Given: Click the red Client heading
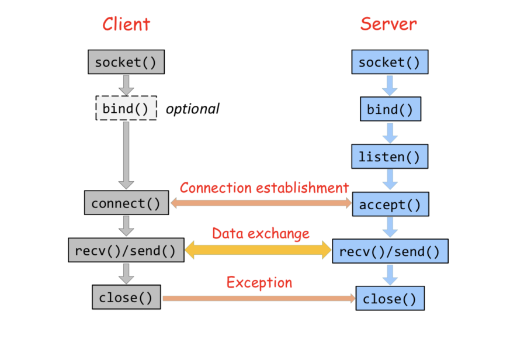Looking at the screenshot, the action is click(x=126, y=25).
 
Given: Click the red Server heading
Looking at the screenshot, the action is click(x=388, y=24).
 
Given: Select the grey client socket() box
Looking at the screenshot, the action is click(x=126, y=62).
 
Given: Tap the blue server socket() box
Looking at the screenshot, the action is click(x=390, y=62).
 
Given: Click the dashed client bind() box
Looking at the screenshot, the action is click(x=126, y=108).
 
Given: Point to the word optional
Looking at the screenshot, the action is click(x=192, y=109).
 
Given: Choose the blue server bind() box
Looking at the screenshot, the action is click(x=390, y=109).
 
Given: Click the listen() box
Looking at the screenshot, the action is click(x=390, y=157).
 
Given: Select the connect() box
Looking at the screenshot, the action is click(x=126, y=203).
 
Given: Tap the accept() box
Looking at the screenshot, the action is click(x=390, y=204).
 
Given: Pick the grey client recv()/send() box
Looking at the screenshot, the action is click(x=126, y=250).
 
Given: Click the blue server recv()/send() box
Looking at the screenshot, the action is click(x=390, y=251).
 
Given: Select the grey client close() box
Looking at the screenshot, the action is click(x=126, y=297).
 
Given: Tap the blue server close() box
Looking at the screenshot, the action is click(x=390, y=299).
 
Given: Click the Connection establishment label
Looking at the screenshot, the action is click(x=264, y=188).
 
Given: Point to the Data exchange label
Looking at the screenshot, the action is click(x=261, y=234).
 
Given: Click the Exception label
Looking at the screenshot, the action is click(x=259, y=283).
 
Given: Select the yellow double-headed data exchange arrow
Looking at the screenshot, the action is click(x=258, y=250).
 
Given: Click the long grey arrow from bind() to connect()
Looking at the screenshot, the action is click(x=126, y=155).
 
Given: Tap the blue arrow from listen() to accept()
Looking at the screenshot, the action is click(x=390, y=179).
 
